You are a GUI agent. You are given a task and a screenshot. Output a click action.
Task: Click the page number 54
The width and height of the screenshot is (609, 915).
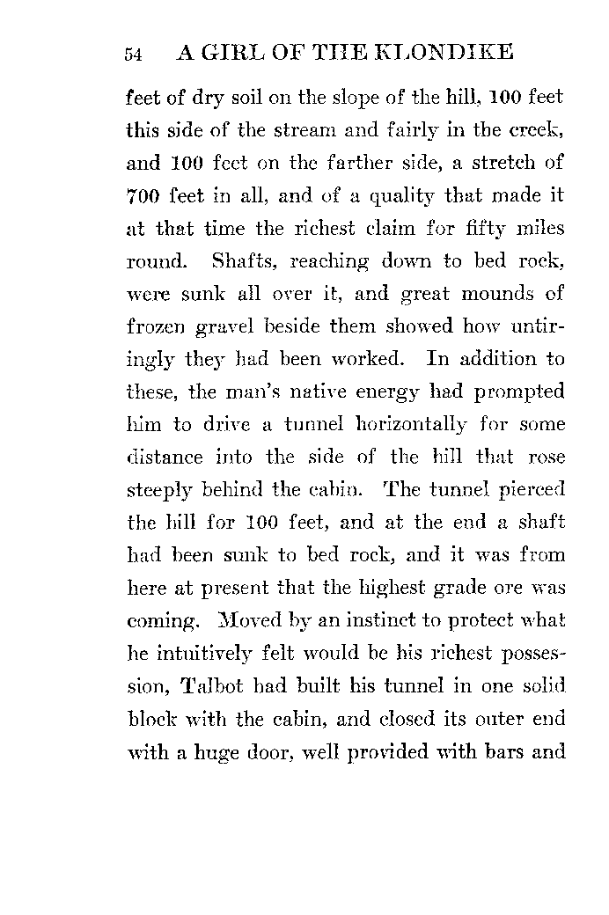pos(134,55)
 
